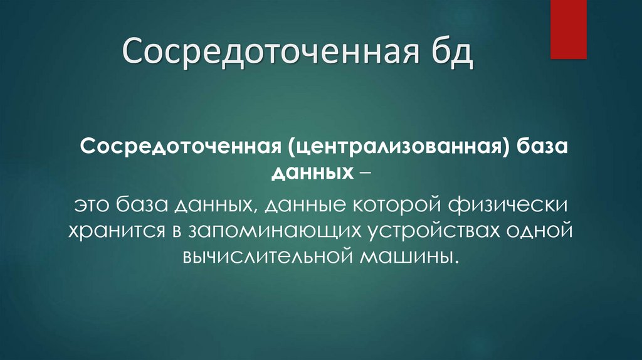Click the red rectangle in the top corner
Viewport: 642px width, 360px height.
tap(568, 29)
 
